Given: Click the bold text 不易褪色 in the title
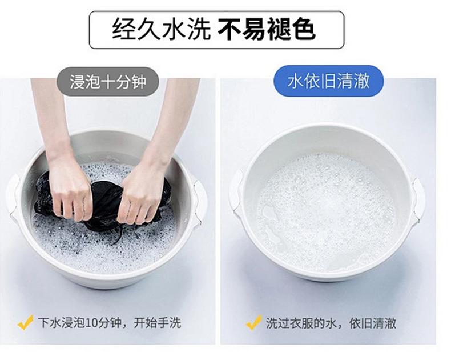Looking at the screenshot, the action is [267, 29].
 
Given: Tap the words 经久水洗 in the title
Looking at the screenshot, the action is [162, 29].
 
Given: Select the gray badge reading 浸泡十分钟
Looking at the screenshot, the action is [108, 82].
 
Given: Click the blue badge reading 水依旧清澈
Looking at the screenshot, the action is [328, 81].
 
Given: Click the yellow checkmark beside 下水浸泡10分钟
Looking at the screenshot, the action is [25, 322].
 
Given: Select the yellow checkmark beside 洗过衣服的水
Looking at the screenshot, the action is [253, 322].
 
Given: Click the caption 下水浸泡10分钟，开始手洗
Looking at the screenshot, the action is [110, 322].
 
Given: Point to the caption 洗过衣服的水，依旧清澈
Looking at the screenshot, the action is [331, 323].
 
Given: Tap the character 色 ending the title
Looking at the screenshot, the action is [304, 29].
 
